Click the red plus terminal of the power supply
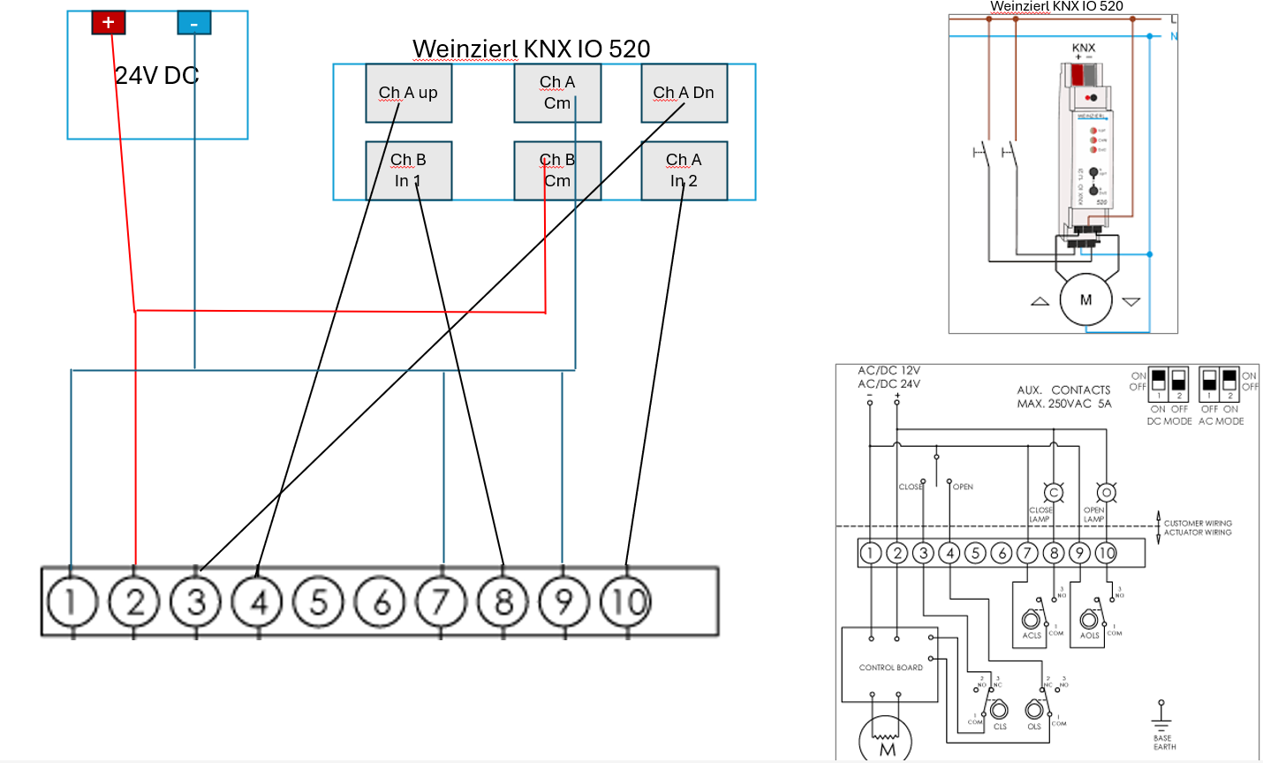click(x=108, y=22)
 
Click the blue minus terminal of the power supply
click(x=193, y=22)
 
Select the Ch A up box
click(x=408, y=93)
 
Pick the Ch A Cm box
click(x=557, y=93)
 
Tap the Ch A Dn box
click(x=684, y=93)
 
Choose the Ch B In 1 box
click(x=408, y=170)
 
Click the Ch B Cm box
click(x=557, y=170)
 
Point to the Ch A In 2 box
click(x=684, y=170)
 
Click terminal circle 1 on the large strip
click(x=72, y=602)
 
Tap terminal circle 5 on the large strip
click(x=319, y=602)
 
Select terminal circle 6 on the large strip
click(x=381, y=602)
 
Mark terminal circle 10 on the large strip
click(x=626, y=602)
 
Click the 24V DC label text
click(x=156, y=76)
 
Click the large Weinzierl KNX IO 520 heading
click(x=531, y=49)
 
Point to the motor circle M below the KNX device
click(x=1085, y=300)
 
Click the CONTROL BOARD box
click(x=889, y=667)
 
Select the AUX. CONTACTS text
click(x=1063, y=389)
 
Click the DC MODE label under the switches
click(x=1168, y=421)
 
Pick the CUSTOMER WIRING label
click(x=1197, y=523)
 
